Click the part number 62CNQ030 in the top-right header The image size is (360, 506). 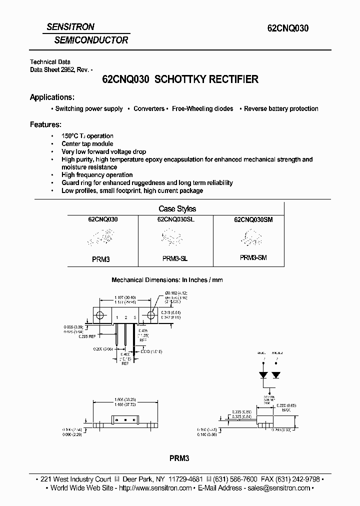[286, 28]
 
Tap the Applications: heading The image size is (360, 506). [52, 97]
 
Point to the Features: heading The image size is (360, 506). [45, 124]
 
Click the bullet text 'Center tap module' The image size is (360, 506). [87, 144]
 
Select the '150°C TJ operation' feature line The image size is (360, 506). [87, 136]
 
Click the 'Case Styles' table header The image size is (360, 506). [177, 208]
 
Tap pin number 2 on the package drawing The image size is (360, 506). [126, 318]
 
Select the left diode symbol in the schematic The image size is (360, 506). [262, 374]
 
